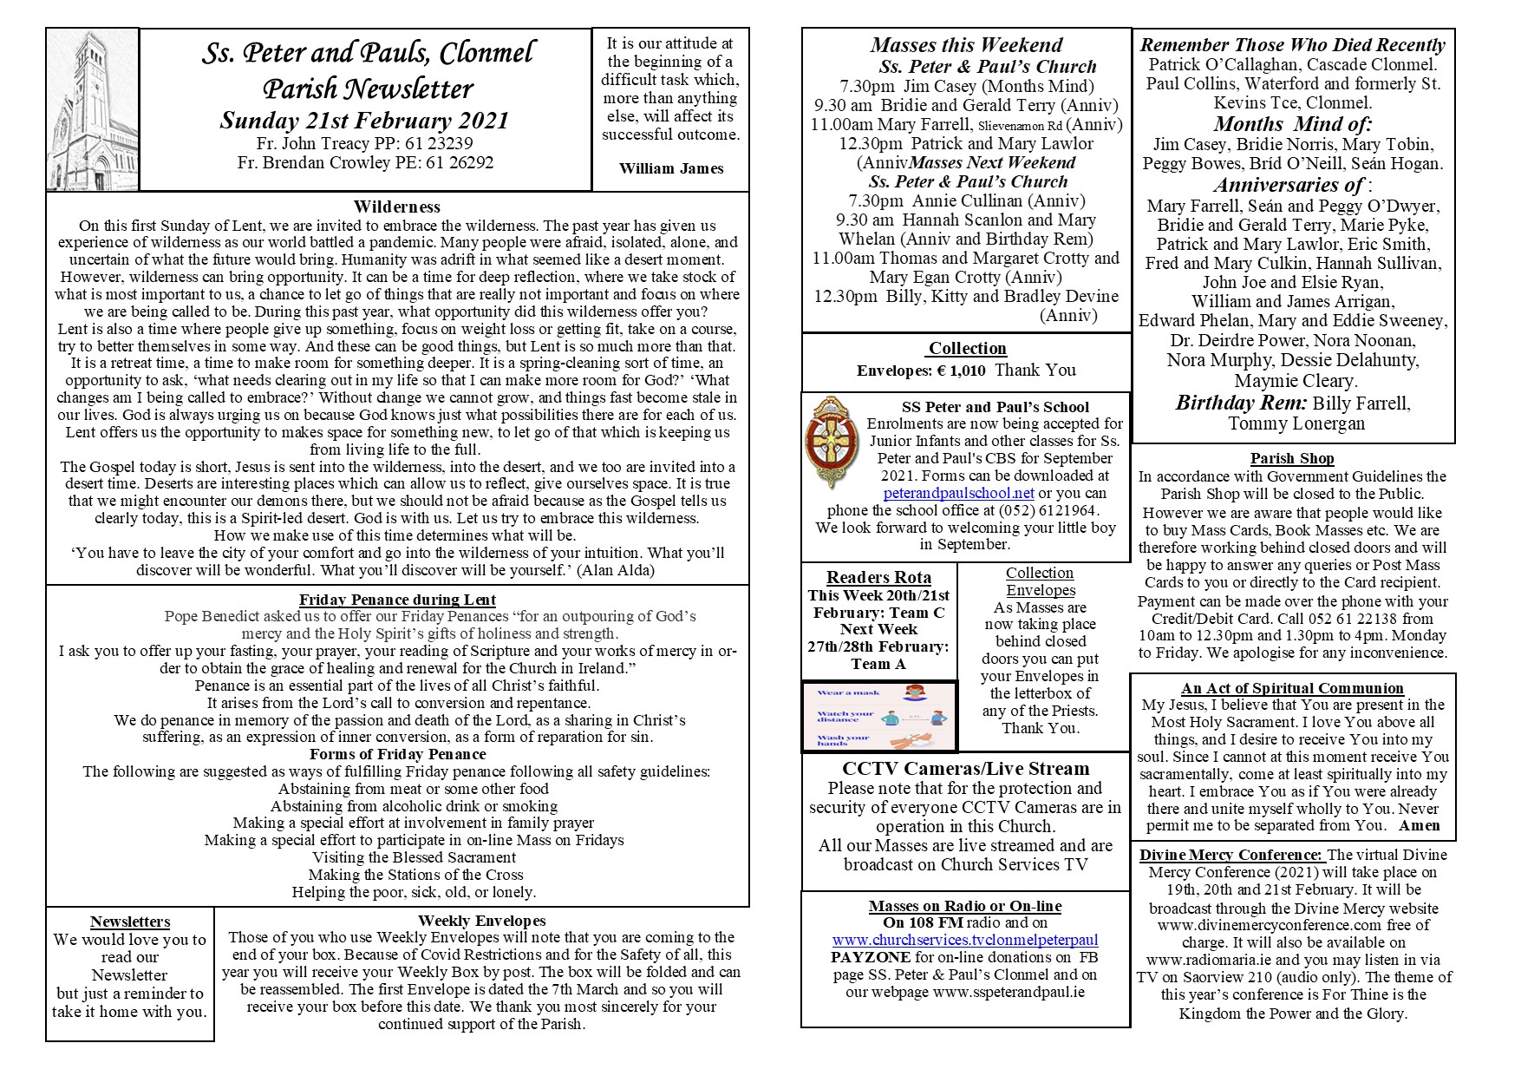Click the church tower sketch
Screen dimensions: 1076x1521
92,109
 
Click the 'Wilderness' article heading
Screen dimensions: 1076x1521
397,207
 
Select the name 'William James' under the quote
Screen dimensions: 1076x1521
671,168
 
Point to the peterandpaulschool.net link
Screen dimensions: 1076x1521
958,493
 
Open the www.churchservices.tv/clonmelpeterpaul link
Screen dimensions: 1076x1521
965,940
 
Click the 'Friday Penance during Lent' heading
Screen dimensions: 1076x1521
397,600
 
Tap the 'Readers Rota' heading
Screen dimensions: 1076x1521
878,577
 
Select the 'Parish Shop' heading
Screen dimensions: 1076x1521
1292,458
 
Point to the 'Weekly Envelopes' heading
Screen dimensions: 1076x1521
481,921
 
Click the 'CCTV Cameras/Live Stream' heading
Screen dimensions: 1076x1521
965,769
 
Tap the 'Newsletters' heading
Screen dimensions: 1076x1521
130,922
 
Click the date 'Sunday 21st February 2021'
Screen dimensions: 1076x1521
364,121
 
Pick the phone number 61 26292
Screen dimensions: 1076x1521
460,162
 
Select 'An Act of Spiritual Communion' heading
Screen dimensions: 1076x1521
1292,688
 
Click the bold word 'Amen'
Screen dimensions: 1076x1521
1420,825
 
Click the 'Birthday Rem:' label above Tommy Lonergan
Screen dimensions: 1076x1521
1241,403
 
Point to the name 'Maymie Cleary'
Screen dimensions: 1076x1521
1296,381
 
